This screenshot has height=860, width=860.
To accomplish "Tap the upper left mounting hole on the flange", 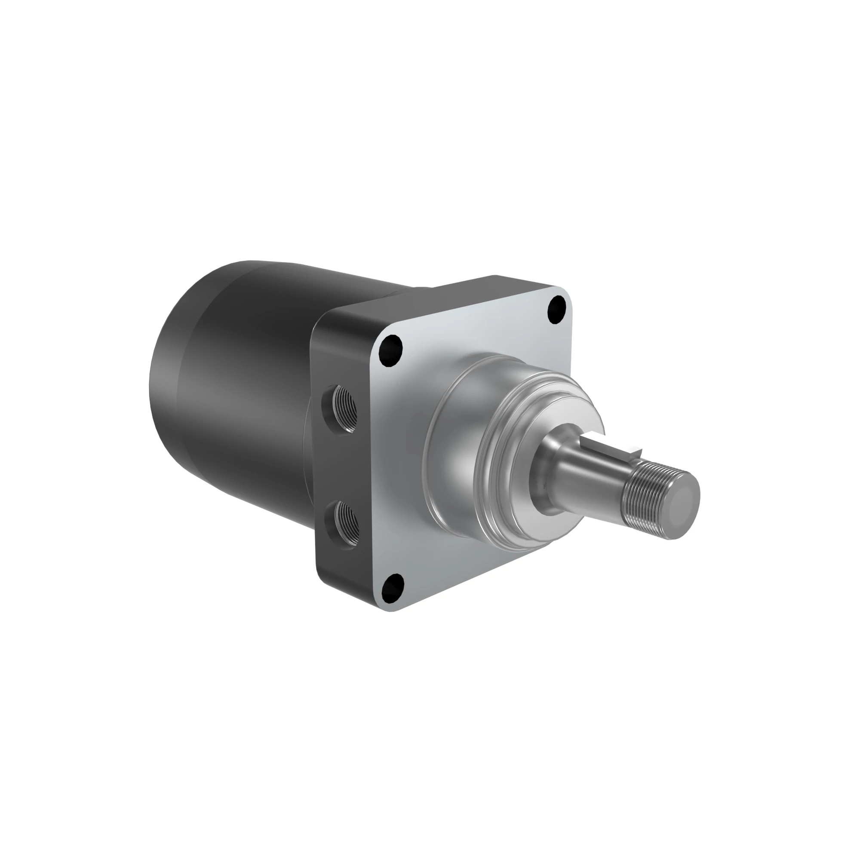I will [x=390, y=350].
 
